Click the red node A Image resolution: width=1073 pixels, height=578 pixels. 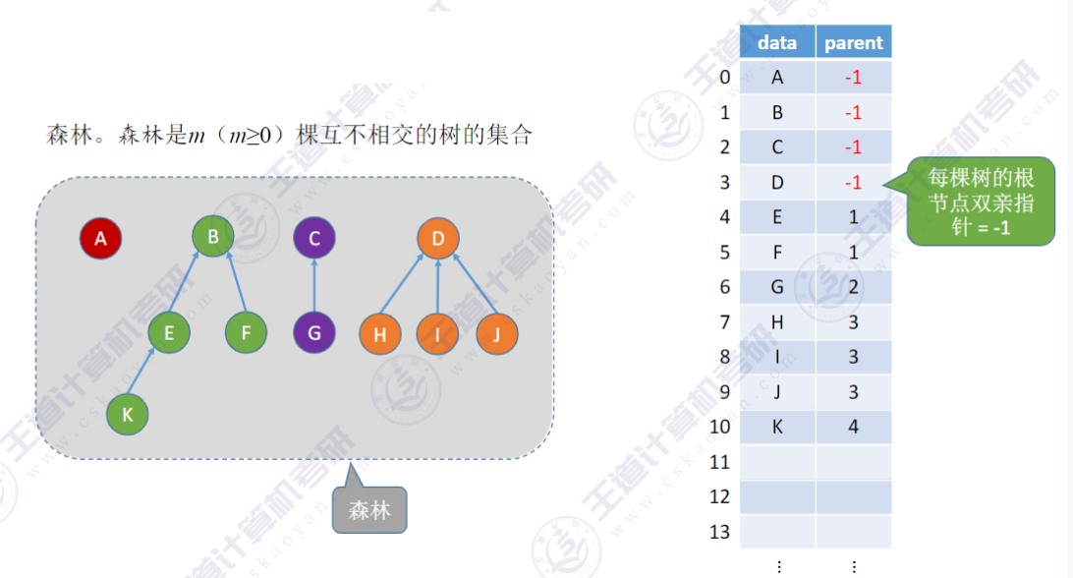pos(100,238)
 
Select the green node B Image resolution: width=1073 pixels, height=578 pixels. pos(213,236)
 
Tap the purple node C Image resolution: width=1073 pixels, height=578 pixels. pos(314,238)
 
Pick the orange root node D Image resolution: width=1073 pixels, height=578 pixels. pos(438,238)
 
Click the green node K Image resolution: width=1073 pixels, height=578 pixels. pos(127,415)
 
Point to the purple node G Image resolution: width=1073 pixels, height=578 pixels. pos(314,333)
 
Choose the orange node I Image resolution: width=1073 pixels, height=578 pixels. pos(438,335)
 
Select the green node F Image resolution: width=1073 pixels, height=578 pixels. pos(246,333)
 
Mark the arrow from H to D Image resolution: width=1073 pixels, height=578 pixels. pos(408,286)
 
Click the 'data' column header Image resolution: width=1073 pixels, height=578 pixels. pos(777,42)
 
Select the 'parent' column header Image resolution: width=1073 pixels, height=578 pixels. pos(853,42)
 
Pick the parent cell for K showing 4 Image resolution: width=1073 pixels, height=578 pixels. pos(853,428)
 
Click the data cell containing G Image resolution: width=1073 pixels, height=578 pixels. pos(777,287)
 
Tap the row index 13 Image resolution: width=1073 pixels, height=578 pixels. pos(720,532)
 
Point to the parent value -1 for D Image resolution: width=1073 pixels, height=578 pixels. pos(853,183)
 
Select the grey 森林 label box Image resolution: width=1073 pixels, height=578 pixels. pos(368,511)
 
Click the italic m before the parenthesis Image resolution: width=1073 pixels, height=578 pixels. pos(197,136)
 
